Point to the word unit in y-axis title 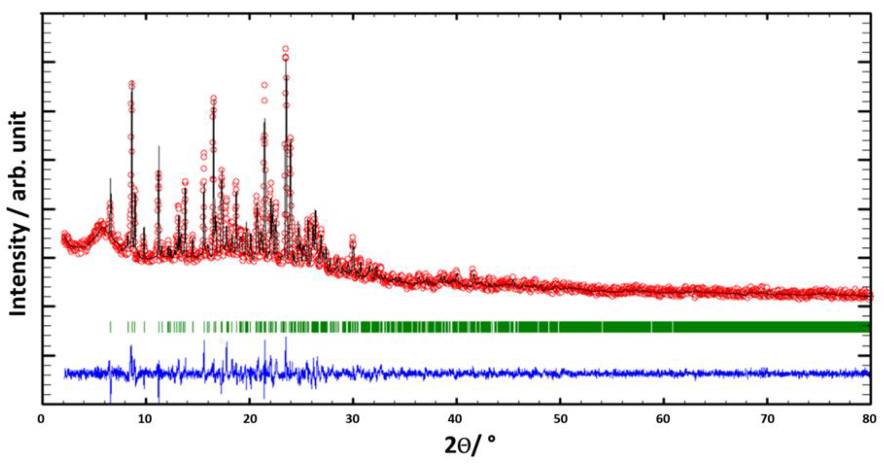click(18, 131)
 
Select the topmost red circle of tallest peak click(285, 49)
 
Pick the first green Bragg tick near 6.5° click(110, 327)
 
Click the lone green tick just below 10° click(144, 327)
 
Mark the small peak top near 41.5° click(472, 269)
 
